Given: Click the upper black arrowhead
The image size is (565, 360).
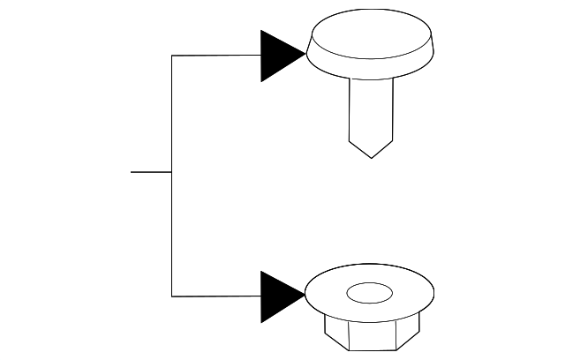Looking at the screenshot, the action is tap(279, 56).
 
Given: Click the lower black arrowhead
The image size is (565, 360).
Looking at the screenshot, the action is tap(279, 296).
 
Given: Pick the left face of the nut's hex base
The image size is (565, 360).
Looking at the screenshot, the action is tap(334, 333).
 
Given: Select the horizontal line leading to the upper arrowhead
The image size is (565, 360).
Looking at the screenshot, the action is tap(216, 56).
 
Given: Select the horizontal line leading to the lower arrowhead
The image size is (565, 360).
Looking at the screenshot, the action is tap(216, 296).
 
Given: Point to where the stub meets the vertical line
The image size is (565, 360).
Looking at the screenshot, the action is tap(171, 172).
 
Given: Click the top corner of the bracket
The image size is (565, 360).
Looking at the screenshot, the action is tap(171, 56).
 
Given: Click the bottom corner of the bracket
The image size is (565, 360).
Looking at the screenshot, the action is tap(171, 296).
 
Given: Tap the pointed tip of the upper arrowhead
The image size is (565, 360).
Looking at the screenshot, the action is tap(305, 56).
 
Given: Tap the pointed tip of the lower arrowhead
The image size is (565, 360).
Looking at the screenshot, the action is tap(305, 296).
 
